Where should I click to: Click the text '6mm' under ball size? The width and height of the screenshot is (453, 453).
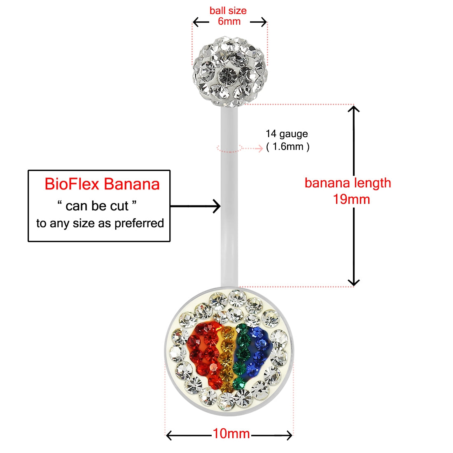pos(229,21)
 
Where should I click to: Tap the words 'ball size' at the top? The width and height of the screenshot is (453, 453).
pos(228,11)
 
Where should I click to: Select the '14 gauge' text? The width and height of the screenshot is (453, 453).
pos(287,134)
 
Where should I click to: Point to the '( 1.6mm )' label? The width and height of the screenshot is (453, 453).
pos(288,146)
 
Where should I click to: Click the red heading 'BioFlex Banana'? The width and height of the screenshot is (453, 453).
pos(102,184)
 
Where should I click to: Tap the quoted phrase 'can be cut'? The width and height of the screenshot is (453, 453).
pos(97,205)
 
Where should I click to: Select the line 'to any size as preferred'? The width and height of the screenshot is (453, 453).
pos(100,223)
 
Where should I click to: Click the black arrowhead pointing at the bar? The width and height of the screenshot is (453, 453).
pos(217,205)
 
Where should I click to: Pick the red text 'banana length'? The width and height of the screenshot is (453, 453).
pos(348,183)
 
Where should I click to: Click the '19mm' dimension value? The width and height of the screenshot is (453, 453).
pos(351,199)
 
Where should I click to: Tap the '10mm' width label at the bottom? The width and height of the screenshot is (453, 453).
pos(231,434)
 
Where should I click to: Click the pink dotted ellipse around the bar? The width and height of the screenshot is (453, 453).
pos(229,148)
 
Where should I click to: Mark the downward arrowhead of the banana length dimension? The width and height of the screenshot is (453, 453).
pos(354,283)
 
